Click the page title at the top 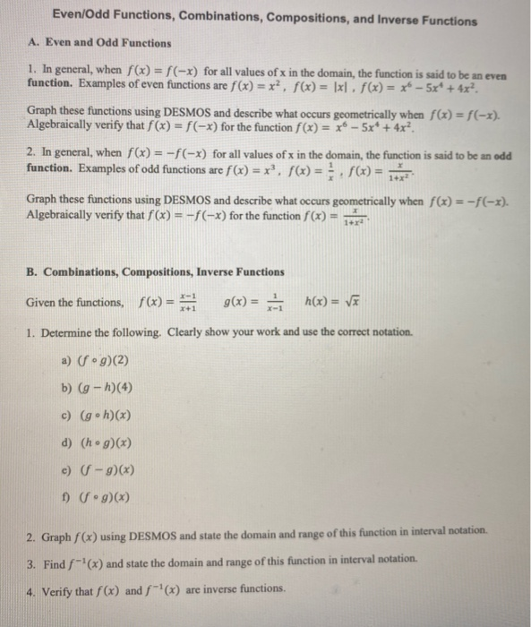pos(264,16)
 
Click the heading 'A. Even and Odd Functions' pos(100,42)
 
